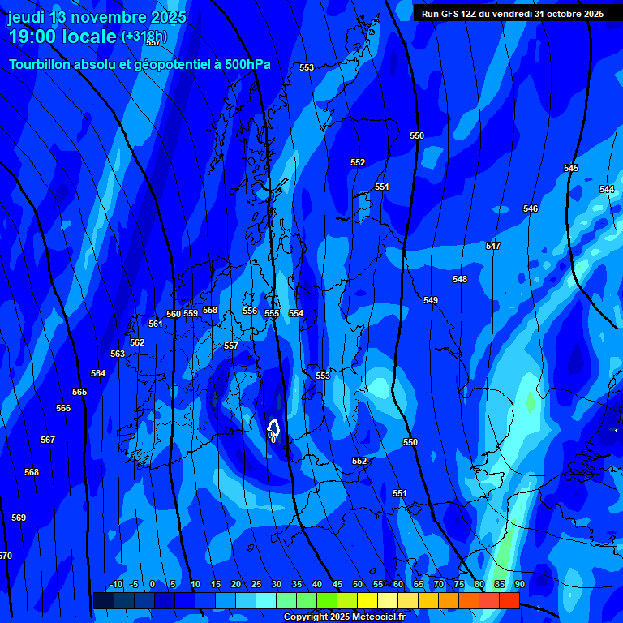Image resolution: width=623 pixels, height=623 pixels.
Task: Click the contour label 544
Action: (607, 189)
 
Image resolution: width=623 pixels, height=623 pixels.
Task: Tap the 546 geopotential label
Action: (531, 208)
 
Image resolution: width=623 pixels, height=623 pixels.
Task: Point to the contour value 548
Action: (460, 279)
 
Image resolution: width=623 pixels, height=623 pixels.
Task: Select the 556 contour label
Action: (250, 311)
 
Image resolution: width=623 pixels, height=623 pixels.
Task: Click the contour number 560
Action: (174, 314)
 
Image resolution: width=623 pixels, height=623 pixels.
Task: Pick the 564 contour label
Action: (98, 373)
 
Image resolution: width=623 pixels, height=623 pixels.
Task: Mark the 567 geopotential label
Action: (48, 440)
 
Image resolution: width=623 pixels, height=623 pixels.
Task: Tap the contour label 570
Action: (6, 556)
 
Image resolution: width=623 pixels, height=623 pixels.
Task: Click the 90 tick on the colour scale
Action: (519, 584)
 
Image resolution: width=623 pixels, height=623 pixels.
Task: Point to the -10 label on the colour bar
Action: (115, 584)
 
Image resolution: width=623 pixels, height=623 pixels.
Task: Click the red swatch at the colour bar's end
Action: (509, 600)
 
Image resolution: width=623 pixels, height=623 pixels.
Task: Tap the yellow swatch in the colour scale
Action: (367, 600)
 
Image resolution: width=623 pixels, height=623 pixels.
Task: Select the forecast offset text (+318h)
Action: (144, 36)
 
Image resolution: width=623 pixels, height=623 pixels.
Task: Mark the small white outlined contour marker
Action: (273, 426)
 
